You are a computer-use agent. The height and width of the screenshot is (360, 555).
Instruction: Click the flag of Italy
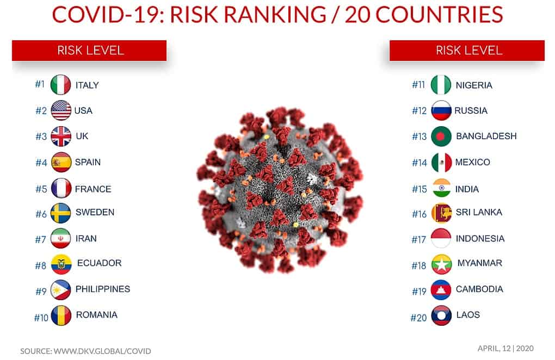pos(60,85)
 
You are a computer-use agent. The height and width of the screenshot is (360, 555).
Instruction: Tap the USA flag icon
pos(61,110)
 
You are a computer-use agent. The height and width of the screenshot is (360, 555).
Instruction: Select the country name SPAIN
pos(88,162)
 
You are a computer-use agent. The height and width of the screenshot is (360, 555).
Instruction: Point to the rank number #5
pos(41,189)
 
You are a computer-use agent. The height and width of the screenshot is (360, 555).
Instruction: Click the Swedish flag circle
pos(60,213)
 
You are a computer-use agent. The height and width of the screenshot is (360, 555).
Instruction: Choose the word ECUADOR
pos(100,263)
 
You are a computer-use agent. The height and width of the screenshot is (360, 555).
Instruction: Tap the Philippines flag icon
pos(60,290)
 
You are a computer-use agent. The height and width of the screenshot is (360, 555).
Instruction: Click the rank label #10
pos(41,318)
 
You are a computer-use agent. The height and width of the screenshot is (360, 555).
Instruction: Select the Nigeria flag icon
pos(441,85)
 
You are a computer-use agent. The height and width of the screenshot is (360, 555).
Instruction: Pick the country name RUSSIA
pos(471,111)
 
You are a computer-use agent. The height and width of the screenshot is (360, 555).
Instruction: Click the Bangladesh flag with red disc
pos(441,136)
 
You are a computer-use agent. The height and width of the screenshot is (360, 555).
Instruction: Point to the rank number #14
pos(420,163)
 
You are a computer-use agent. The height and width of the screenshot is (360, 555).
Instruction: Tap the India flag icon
pos(441,188)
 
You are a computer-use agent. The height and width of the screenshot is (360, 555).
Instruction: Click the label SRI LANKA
pos(479,212)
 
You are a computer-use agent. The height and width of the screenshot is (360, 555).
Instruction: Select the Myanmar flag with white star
pos(441,264)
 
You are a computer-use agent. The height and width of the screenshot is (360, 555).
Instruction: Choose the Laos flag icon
pos(441,315)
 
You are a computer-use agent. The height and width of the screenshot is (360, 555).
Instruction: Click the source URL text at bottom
pos(85,351)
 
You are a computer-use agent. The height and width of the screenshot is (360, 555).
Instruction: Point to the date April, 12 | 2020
pos(505,349)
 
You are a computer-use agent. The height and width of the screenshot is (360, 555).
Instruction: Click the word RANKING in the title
pos(275,15)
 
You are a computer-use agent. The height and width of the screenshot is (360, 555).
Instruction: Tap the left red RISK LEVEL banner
pos(89,50)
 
